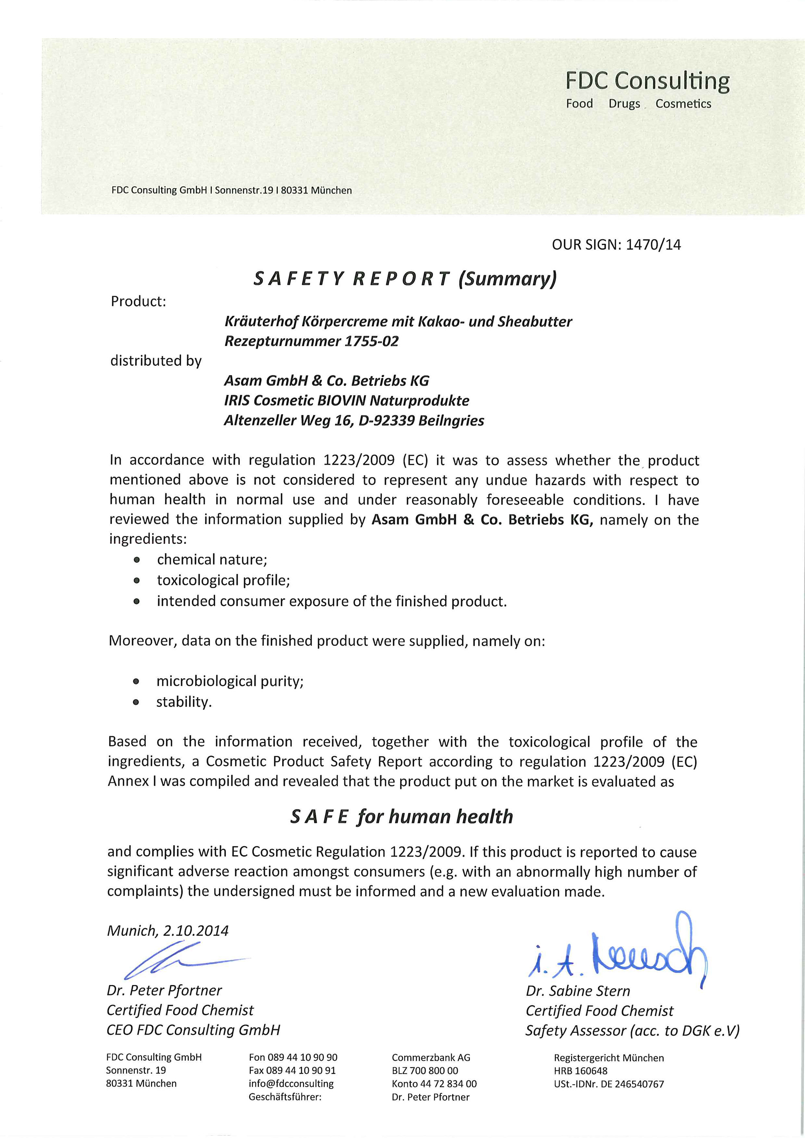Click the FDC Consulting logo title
click(647, 80)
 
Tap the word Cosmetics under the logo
click(683, 104)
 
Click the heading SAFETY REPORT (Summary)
click(405, 279)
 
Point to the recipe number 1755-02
click(371, 342)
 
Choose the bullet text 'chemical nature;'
click(212, 560)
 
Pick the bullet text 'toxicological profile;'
click(224, 580)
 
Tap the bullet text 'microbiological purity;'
click(230, 681)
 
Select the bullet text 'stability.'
click(184, 702)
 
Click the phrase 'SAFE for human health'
click(401, 816)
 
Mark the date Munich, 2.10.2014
click(168, 930)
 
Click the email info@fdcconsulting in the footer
click(291, 1083)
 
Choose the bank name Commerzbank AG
click(431, 1057)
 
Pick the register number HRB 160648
click(580, 1070)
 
